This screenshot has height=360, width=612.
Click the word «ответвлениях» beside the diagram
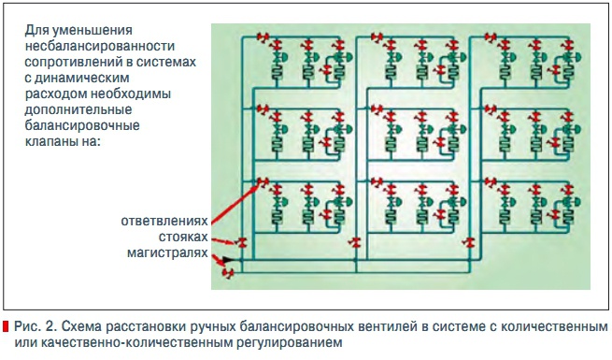(x=165, y=222)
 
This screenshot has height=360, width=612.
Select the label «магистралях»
(x=170, y=252)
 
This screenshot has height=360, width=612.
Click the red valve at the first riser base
(x=242, y=243)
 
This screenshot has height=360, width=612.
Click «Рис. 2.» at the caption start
(x=35, y=328)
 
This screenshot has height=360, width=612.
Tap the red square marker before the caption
(x=7, y=329)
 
